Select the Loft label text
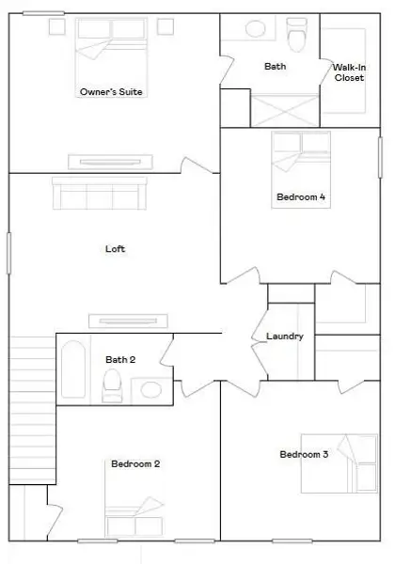pyautogui.click(x=115, y=249)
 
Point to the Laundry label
pyautogui.click(x=284, y=337)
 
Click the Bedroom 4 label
pyautogui.click(x=301, y=197)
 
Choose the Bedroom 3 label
pyautogui.click(x=304, y=455)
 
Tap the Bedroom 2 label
pyautogui.click(x=135, y=463)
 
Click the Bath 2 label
pyautogui.click(x=120, y=359)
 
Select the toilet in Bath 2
pyautogui.click(x=113, y=385)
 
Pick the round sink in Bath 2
pyautogui.click(x=149, y=388)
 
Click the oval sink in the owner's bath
pyautogui.click(x=255, y=28)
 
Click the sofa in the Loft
pyautogui.click(x=99, y=195)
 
